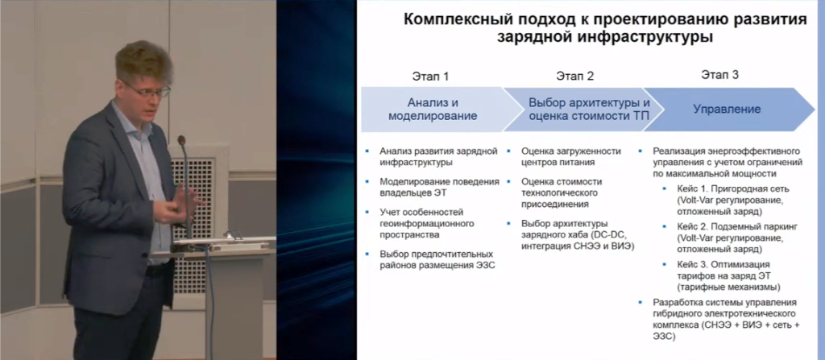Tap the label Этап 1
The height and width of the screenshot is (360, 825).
click(430, 77)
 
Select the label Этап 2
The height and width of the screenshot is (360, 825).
click(575, 77)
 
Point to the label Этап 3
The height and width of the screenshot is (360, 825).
click(719, 75)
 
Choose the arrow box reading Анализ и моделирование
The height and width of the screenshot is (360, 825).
click(433, 110)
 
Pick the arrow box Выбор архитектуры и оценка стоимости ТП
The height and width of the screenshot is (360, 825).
click(582, 110)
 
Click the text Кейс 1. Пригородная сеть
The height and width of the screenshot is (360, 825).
click(733, 189)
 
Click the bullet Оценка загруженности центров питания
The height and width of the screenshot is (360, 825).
click(571, 157)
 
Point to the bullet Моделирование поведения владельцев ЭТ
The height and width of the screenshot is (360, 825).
click(439, 187)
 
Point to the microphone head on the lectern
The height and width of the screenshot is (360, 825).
click(181, 140)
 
